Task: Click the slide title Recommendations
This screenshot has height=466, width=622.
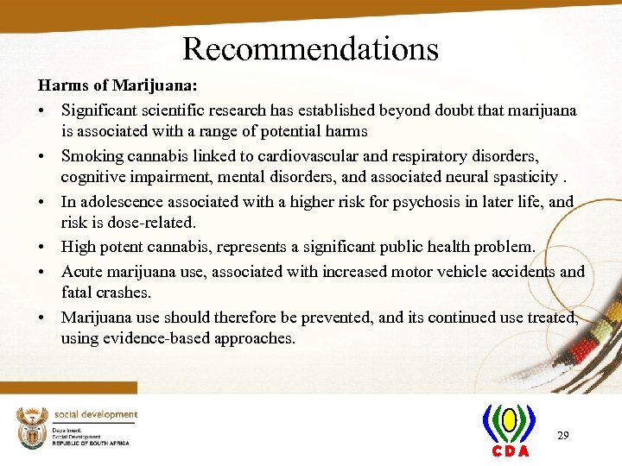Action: click(x=310, y=48)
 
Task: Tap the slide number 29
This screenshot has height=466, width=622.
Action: click(x=562, y=436)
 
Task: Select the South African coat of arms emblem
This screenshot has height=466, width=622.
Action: click(x=32, y=425)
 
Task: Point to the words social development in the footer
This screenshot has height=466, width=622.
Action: click(x=96, y=415)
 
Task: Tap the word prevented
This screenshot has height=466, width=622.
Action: click(x=332, y=317)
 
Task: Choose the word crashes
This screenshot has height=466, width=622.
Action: click(x=125, y=293)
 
